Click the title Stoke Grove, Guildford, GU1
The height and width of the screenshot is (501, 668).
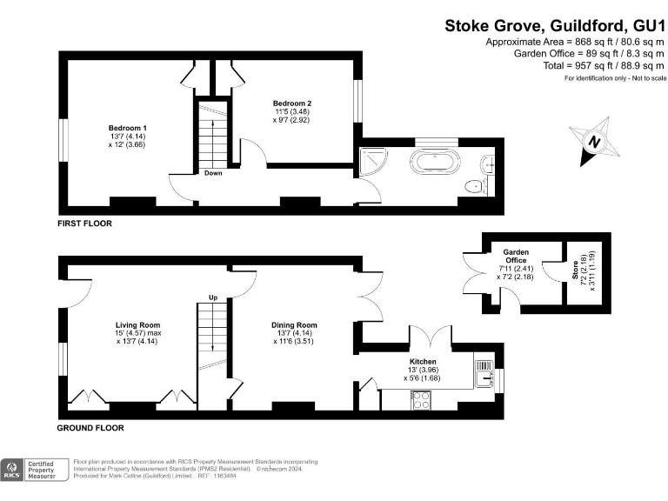555,26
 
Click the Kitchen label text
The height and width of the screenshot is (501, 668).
423,361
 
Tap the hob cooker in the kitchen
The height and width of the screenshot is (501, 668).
420,399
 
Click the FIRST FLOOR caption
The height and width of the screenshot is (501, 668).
84,224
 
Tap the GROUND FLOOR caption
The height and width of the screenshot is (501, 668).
90,428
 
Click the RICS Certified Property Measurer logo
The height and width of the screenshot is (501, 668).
35,470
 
